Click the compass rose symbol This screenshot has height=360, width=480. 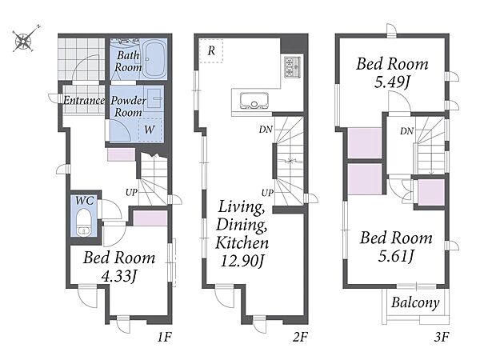[23, 40]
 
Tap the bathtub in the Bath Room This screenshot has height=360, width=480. [155, 59]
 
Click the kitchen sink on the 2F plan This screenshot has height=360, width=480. [254, 101]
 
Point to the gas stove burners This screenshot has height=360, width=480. [293, 67]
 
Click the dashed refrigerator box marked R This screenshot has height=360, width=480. [211, 51]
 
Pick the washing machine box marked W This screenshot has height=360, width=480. [150, 129]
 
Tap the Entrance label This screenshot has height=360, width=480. [84, 101]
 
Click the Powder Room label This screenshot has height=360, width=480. [128, 106]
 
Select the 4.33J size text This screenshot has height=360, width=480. [118, 277]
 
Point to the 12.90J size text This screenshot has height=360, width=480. [242, 261]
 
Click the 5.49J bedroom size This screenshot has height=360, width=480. [392, 82]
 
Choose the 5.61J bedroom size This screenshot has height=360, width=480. [396, 256]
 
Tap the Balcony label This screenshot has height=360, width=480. [415, 302]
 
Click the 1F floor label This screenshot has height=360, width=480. [164, 338]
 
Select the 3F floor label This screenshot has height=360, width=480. [442, 337]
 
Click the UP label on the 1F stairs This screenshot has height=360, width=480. [132, 193]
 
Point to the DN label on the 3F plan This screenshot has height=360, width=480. [407, 131]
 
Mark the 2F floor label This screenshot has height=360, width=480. [300, 337]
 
